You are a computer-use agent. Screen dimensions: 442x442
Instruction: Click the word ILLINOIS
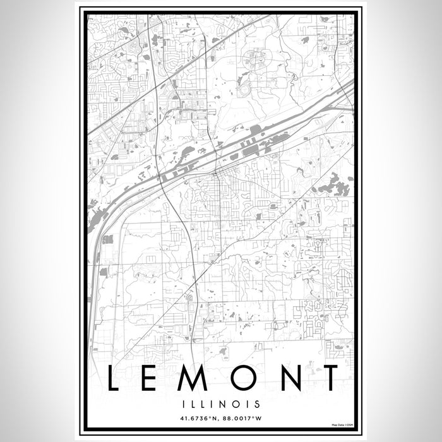[221, 402]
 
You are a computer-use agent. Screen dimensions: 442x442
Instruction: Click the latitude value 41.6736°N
[197, 417]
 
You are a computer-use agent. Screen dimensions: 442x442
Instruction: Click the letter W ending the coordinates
[266, 417]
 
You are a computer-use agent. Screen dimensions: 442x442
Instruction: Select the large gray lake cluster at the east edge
[334, 185]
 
